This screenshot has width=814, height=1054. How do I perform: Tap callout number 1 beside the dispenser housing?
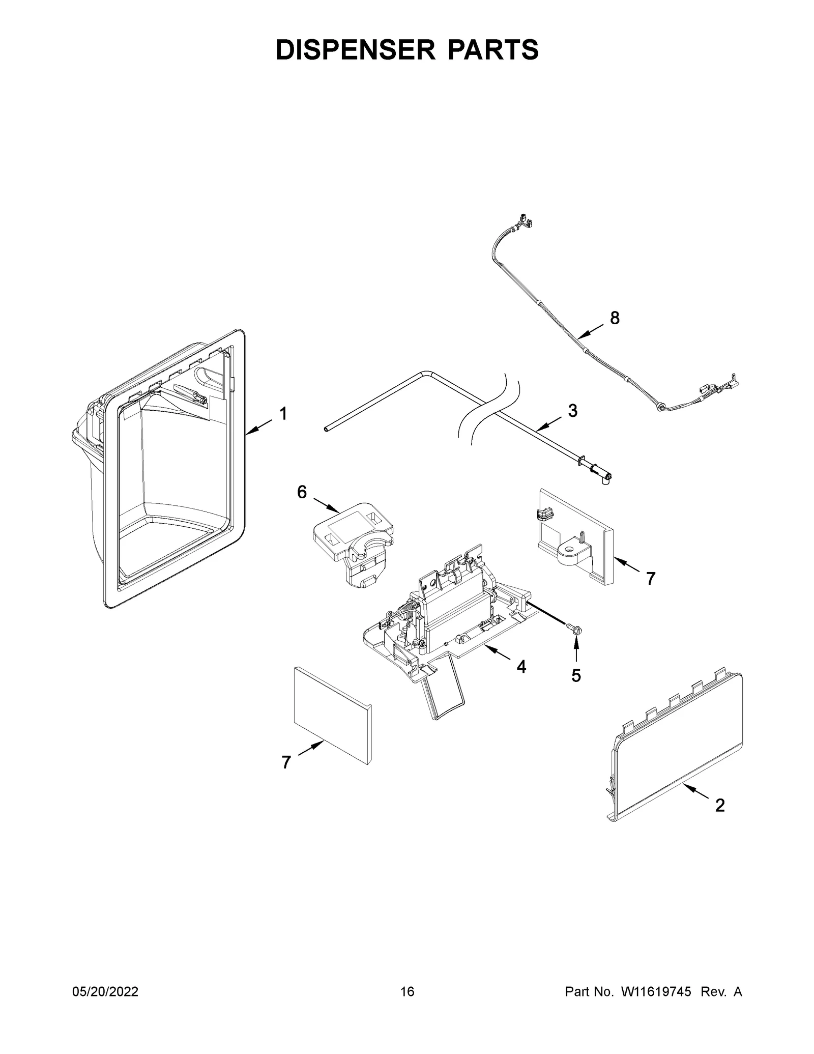[x=283, y=414]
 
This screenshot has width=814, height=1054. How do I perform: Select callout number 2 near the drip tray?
[x=719, y=805]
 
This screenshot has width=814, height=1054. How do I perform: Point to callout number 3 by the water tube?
[x=572, y=411]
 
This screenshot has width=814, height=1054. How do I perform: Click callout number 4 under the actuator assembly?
[x=521, y=666]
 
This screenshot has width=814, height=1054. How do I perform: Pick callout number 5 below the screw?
[x=575, y=675]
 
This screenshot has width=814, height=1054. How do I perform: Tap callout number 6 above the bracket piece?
[x=302, y=492]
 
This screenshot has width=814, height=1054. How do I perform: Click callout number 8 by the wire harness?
[x=615, y=318]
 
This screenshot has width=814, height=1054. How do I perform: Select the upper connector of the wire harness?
[x=526, y=222]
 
